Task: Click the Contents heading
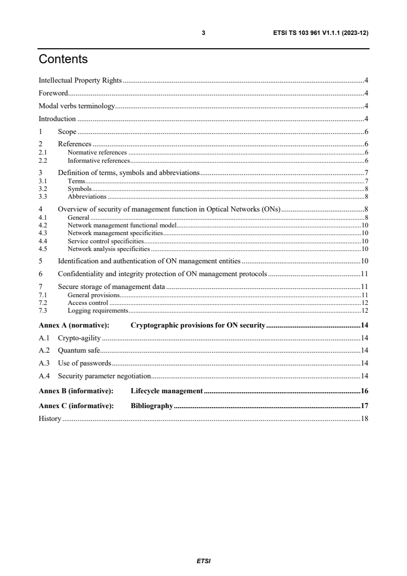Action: point(63,60)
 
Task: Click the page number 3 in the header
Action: point(203,33)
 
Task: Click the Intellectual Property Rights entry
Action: point(80,80)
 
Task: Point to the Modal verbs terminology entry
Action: point(76,106)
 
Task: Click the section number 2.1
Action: point(43,153)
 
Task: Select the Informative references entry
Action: point(98,160)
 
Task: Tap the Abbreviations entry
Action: point(87,197)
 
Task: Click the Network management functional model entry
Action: point(122,225)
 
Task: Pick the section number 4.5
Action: point(43,249)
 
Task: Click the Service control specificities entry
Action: point(106,241)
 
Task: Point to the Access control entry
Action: point(88,303)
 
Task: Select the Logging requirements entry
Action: point(98,311)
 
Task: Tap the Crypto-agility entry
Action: point(80,338)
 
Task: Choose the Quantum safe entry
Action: point(79,351)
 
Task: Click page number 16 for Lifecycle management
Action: point(364,391)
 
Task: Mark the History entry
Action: point(50,419)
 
